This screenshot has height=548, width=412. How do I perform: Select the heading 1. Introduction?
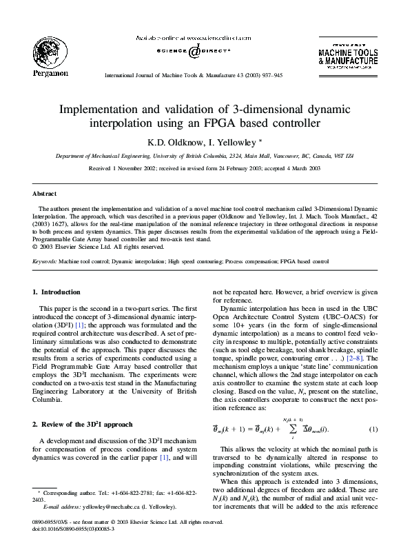[x=57, y=293]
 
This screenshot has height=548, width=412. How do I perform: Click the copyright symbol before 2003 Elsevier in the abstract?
[x=36, y=246]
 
